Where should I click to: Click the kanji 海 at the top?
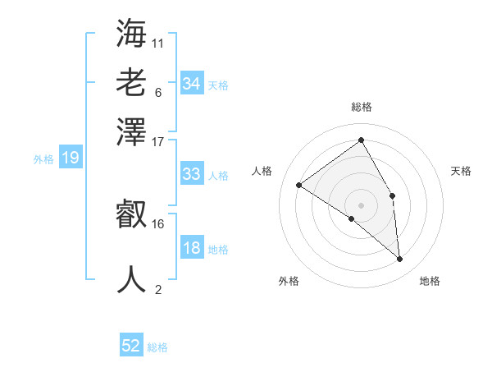[132, 34]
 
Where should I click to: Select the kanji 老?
[132, 84]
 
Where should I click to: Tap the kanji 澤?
[132, 131]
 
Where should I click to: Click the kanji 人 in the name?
[132, 279]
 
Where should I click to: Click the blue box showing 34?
[192, 84]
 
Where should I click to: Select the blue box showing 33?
[192, 174]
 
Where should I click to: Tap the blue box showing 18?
[192, 248]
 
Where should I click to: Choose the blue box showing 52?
[131, 346]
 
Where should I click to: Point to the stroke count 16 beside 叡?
[158, 223]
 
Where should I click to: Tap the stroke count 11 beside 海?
[158, 42]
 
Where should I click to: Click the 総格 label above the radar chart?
[362, 107]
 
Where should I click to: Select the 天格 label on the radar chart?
[462, 171]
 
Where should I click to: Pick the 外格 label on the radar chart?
[289, 281]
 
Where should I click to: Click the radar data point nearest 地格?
[400, 260]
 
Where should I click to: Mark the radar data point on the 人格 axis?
[299, 185]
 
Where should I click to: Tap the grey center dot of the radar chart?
[362, 204]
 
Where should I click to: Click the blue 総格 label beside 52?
[157, 347]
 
